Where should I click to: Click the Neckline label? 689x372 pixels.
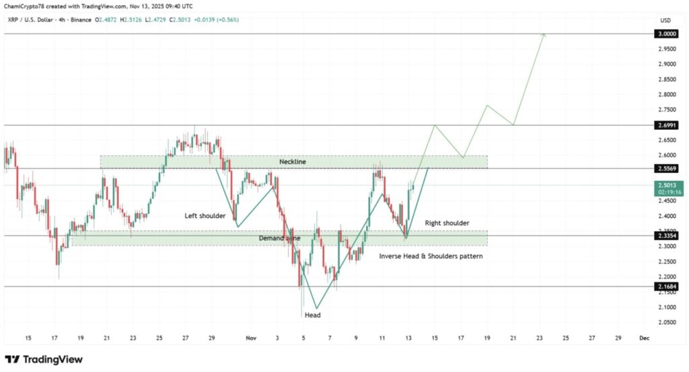[293, 162]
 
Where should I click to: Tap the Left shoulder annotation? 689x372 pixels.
[207, 216]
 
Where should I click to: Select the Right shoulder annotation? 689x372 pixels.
[447, 223]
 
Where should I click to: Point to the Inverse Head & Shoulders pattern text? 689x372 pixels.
[431, 256]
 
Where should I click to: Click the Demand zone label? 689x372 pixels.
[279, 238]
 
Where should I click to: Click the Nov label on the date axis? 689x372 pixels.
[251, 338]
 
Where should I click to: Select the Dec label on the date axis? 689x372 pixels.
[643, 338]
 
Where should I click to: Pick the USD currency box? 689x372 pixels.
[665, 20]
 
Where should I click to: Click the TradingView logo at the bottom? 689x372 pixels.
[44, 359]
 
